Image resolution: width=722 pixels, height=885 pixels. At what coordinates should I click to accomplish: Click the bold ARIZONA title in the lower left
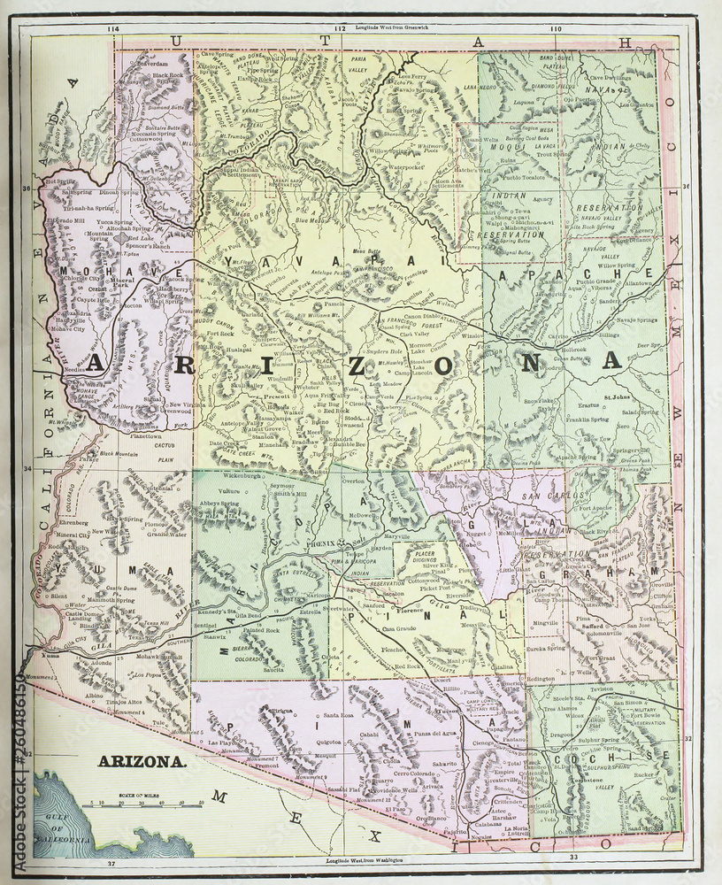(x=141, y=760)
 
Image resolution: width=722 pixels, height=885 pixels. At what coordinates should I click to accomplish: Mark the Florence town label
(x=410, y=611)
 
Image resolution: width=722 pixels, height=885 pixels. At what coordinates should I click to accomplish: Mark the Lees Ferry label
(x=412, y=76)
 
